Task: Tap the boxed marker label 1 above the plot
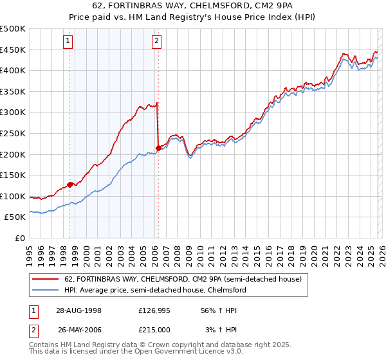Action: (x=69, y=42)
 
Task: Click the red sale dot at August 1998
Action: (x=69, y=184)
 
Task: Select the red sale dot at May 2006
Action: (x=158, y=148)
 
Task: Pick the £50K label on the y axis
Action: (x=15, y=217)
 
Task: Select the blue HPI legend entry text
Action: (x=155, y=291)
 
